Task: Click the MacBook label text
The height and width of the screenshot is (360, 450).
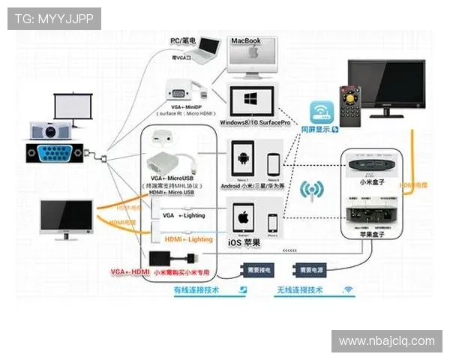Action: coord(245,40)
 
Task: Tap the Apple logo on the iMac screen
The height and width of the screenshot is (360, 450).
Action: coord(253,53)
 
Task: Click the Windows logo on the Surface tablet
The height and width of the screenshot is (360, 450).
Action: coord(251,100)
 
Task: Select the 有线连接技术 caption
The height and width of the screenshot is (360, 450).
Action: coord(197,289)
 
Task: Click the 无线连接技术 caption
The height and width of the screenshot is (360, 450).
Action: coord(300,289)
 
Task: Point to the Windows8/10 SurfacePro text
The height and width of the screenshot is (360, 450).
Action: coord(253,121)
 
